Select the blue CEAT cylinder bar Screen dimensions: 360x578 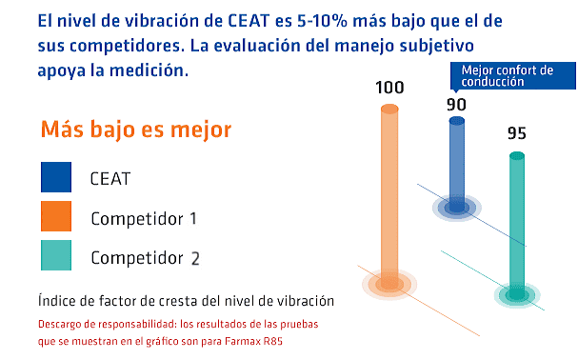point(456,162)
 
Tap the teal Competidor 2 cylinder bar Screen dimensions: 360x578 point(516,224)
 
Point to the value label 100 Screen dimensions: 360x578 point(389,89)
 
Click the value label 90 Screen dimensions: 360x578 point(456,103)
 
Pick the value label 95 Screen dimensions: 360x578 point(516,133)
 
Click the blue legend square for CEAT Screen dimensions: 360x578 point(56,178)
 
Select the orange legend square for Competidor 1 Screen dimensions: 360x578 point(56,217)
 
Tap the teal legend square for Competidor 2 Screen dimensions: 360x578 point(56,256)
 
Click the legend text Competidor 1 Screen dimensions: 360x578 point(144,218)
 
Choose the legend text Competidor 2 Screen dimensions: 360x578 point(146,257)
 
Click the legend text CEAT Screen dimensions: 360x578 point(110,179)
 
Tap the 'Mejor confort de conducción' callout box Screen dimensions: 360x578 point(511,75)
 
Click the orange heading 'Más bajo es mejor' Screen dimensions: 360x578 point(136,130)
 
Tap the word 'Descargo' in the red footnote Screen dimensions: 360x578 point(63,325)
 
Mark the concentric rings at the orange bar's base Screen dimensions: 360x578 point(389,283)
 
